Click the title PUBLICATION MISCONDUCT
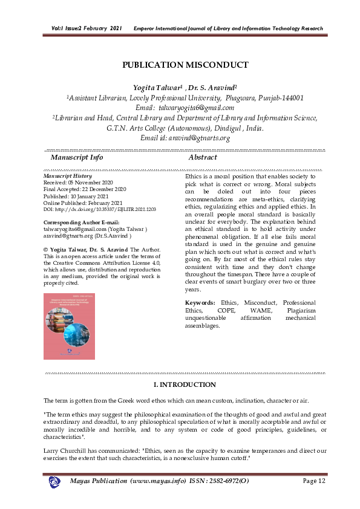coord(185,65)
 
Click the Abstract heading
coord(203,157)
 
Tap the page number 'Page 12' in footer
coord(313,481)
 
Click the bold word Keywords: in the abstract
coord(200,302)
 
